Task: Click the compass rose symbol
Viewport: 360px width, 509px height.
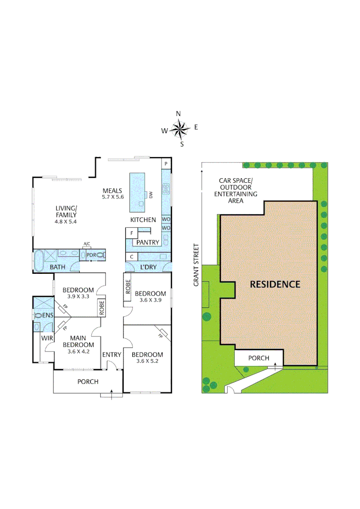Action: point(179,128)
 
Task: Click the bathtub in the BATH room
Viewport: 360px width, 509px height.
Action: point(40,259)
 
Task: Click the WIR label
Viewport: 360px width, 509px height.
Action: point(46,338)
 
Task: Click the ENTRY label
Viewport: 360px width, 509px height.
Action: point(112,354)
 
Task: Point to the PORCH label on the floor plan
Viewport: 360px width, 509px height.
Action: point(88,381)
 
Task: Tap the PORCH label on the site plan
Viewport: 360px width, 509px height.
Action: point(259,358)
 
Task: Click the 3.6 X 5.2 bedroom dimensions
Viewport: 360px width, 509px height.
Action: point(147,361)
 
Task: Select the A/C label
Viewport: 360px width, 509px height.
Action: point(87,244)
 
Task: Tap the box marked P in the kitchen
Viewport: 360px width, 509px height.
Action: point(166,163)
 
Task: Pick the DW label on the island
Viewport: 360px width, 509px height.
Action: point(151,195)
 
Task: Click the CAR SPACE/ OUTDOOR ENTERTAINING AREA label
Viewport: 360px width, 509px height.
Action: point(236,190)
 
